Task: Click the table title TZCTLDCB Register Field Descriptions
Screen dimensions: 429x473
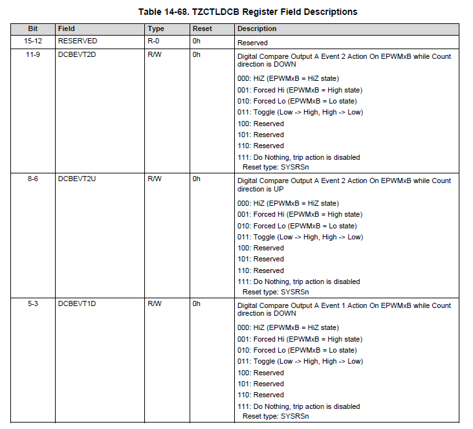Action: tap(248, 12)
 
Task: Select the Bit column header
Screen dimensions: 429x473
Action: tap(34, 29)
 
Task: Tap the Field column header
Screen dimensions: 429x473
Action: tap(66, 29)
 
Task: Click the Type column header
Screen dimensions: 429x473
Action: tap(156, 29)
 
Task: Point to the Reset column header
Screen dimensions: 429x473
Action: tap(202, 29)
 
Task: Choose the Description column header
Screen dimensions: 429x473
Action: tap(257, 29)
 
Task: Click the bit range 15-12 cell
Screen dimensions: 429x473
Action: tap(34, 41)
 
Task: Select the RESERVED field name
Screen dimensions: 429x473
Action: tap(77, 41)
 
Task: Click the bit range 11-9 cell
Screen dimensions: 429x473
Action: tap(34, 54)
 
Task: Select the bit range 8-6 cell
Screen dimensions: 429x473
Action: tap(33, 179)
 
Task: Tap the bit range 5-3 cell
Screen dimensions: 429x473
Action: tap(33, 303)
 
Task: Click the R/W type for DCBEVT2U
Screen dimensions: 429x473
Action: tap(155, 179)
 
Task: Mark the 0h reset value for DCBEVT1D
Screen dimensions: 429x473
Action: tap(197, 303)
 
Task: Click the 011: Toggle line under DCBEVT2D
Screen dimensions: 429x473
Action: tap(300, 113)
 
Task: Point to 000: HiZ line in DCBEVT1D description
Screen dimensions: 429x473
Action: tap(288, 328)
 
